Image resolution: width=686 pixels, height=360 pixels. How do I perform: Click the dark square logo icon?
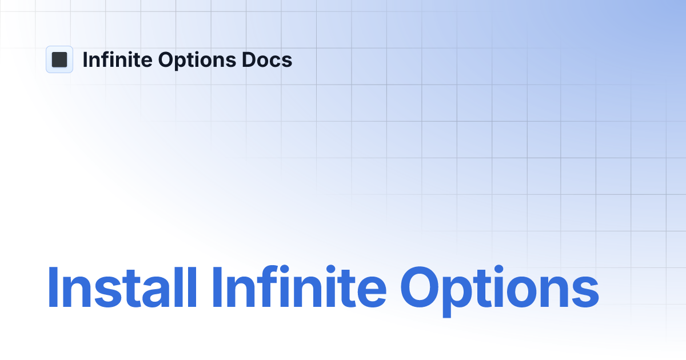(x=59, y=59)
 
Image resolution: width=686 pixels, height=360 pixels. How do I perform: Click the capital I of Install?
(x=52, y=288)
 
